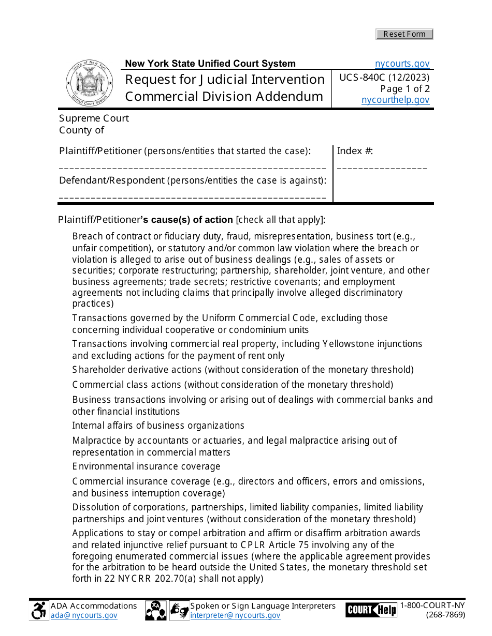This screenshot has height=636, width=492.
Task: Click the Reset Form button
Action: point(404,34)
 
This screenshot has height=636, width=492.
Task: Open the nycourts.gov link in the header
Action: point(402,64)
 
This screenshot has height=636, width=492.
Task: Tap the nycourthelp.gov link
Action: point(395,100)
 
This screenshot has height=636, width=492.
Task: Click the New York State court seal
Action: point(89,83)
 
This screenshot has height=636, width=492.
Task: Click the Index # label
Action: point(355,151)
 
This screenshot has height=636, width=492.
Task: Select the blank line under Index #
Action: point(382,168)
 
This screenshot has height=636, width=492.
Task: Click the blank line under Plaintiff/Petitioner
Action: point(192,168)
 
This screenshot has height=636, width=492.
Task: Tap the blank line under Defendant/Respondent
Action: point(192,198)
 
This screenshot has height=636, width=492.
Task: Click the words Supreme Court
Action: point(94,118)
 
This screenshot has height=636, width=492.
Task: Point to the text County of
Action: point(82,130)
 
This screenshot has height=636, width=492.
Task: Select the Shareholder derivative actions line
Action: point(242,370)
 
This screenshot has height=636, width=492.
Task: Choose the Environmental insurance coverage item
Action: point(146,466)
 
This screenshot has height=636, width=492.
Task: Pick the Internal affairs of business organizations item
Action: point(158,426)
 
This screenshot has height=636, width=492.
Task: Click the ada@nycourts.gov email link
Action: point(84,615)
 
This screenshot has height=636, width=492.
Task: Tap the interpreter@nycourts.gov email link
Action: point(235,615)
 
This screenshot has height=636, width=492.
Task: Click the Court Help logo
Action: point(371,610)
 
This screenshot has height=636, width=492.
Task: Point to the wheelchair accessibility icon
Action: point(39,611)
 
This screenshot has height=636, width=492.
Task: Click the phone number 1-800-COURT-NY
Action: point(432,606)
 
